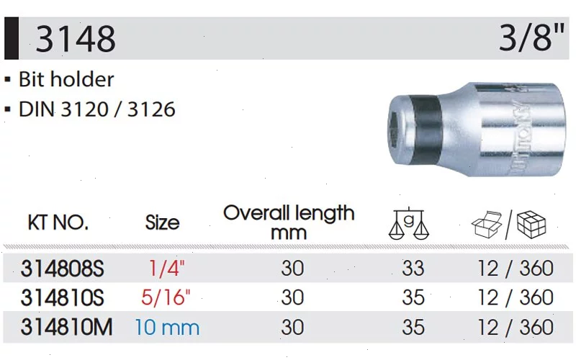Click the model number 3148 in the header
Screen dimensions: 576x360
(76, 38)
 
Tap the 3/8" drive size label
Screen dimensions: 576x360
(531, 37)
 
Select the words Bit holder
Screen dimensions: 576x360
(66, 79)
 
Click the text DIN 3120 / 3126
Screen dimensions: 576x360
(97, 109)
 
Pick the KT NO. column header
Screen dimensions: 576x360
(58, 222)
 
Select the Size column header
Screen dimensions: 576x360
(162, 222)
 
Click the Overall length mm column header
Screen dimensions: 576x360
(289, 222)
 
